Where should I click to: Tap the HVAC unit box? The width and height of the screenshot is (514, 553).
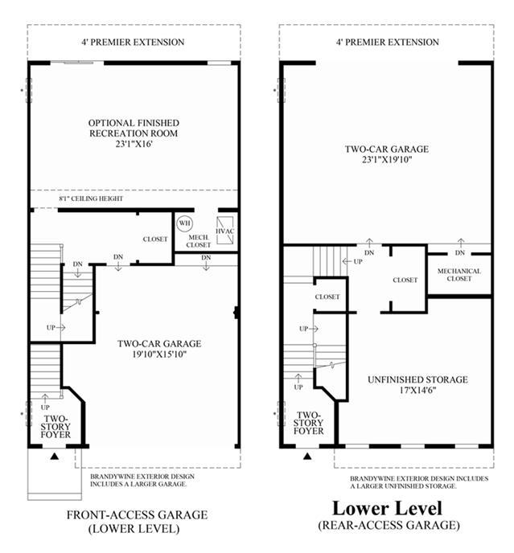tap(225, 231)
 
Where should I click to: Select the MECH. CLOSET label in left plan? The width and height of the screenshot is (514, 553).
tap(199, 241)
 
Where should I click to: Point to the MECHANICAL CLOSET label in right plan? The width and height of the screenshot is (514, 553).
tap(459, 275)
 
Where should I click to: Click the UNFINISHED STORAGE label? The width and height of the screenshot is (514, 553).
tap(417, 379)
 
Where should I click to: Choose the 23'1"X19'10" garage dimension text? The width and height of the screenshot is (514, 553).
tap(387, 159)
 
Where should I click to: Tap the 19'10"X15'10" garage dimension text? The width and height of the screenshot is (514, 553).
tap(159, 354)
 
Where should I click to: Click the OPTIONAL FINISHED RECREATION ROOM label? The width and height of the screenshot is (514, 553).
tap(134, 128)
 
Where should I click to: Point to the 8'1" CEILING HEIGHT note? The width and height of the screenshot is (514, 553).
tap(91, 199)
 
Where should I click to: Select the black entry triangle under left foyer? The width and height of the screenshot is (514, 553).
tap(54, 457)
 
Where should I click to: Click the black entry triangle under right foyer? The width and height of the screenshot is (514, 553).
tap(307, 457)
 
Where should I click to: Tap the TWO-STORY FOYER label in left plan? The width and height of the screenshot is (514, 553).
tap(56, 427)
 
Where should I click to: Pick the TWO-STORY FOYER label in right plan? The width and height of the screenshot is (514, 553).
tap(309, 423)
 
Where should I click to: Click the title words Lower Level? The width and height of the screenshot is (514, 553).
tap(387, 508)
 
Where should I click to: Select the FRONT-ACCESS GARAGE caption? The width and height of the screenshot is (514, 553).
tap(137, 515)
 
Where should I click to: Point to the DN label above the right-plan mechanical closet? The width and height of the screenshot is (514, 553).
tap(460, 253)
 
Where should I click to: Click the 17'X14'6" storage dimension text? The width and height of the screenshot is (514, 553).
tap(418, 391)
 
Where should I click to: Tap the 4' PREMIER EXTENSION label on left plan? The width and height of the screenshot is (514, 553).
tap(133, 42)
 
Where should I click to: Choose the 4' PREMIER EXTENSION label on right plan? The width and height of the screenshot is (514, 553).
tap(388, 42)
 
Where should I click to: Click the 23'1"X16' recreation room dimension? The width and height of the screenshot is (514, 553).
tap(134, 144)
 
